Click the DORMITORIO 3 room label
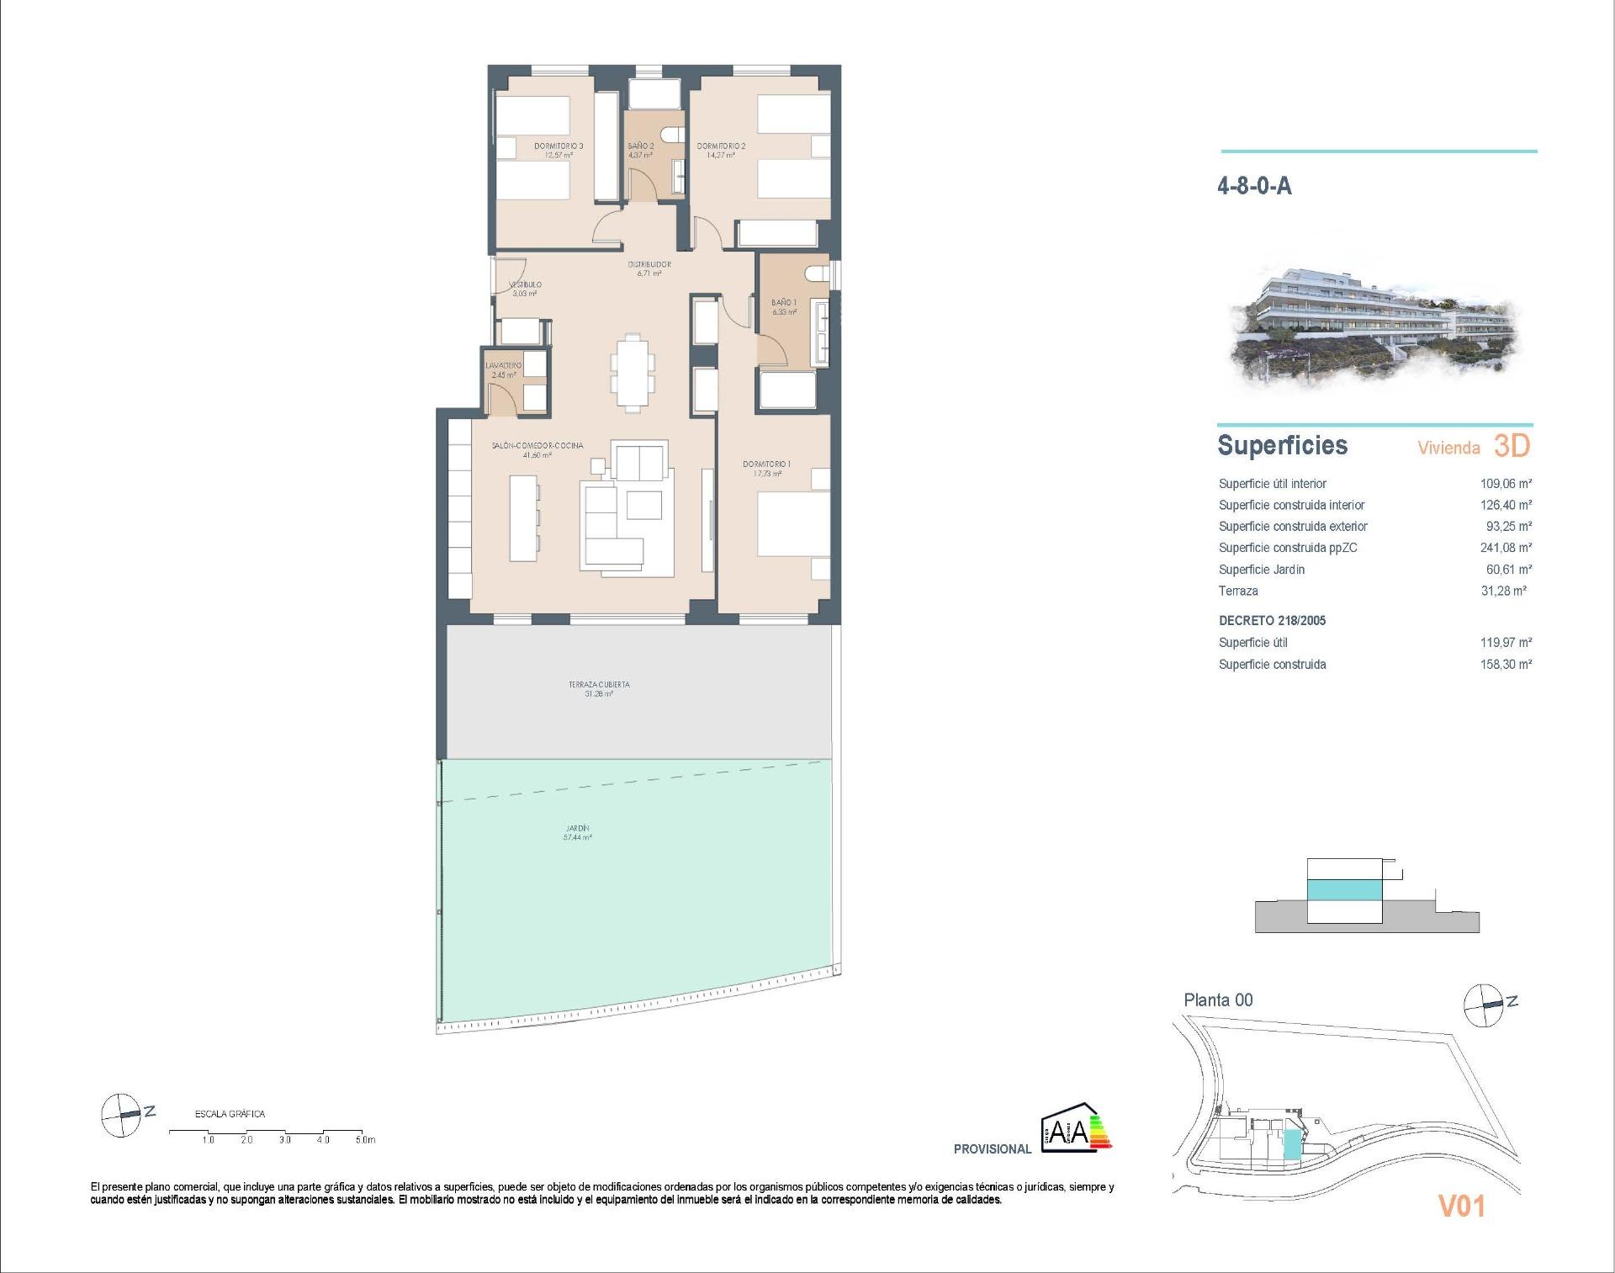(559, 146)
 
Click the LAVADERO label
(503, 366)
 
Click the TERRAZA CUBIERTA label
(599, 685)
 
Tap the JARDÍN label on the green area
(577, 829)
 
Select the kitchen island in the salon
(523, 518)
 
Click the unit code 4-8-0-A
(1254, 186)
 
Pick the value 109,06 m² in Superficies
(1506, 484)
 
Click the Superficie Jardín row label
(1262, 570)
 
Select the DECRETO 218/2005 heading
(1272, 621)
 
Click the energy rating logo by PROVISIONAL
(1076, 1132)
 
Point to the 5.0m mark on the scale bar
(365, 1140)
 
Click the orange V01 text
(1462, 1207)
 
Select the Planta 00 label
(1218, 1000)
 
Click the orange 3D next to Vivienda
(1512, 446)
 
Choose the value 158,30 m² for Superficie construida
(1506, 665)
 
